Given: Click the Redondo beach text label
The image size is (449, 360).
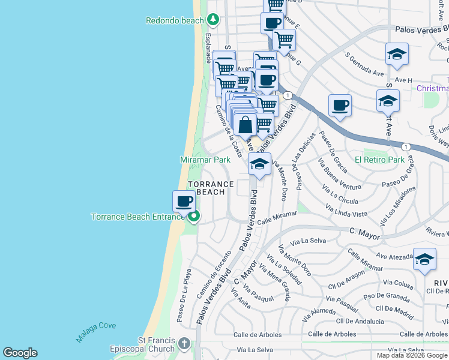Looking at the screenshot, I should (x=175, y=20).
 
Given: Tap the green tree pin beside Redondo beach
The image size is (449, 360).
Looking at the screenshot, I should (x=212, y=20).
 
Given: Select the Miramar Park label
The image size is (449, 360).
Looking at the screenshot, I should (x=205, y=160).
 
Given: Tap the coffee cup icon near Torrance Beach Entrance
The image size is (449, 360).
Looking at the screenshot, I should (x=184, y=201).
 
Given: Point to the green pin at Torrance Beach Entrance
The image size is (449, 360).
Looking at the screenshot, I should (x=193, y=216).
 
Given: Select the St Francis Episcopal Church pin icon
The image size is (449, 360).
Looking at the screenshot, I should (x=184, y=344).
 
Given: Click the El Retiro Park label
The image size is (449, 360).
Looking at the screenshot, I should (x=379, y=160).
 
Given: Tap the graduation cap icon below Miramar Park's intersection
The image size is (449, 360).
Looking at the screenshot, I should (x=259, y=164).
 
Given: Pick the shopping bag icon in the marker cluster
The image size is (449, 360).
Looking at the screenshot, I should (x=246, y=125).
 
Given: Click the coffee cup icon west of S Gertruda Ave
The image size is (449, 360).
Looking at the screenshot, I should (x=340, y=106).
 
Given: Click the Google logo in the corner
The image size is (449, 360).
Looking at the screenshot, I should (x=20, y=353).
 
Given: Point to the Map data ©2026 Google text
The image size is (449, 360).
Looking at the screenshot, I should (x=412, y=355).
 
